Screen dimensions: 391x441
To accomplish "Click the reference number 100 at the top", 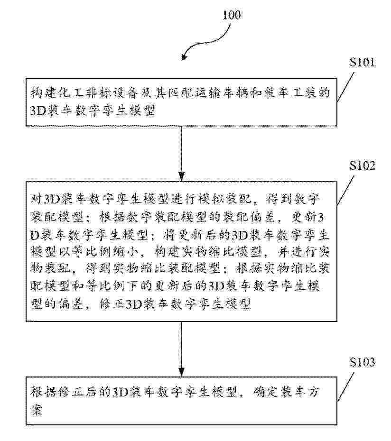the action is click(232, 15).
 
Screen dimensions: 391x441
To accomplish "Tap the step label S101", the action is click(362, 62).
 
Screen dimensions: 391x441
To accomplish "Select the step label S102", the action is click(362, 165).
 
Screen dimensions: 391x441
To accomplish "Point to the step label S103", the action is click(362, 362).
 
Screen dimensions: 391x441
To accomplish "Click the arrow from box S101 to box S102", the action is click(182, 154).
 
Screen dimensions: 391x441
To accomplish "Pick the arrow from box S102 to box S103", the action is click(182, 349).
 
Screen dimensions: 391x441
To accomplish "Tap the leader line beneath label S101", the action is click(345, 87).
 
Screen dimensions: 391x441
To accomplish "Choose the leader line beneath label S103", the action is click(345, 387).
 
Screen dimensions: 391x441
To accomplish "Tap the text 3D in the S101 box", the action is click(37, 111).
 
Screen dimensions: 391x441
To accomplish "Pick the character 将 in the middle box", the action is click(169, 234).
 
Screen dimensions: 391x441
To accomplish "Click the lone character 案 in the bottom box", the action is click(37, 410).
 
